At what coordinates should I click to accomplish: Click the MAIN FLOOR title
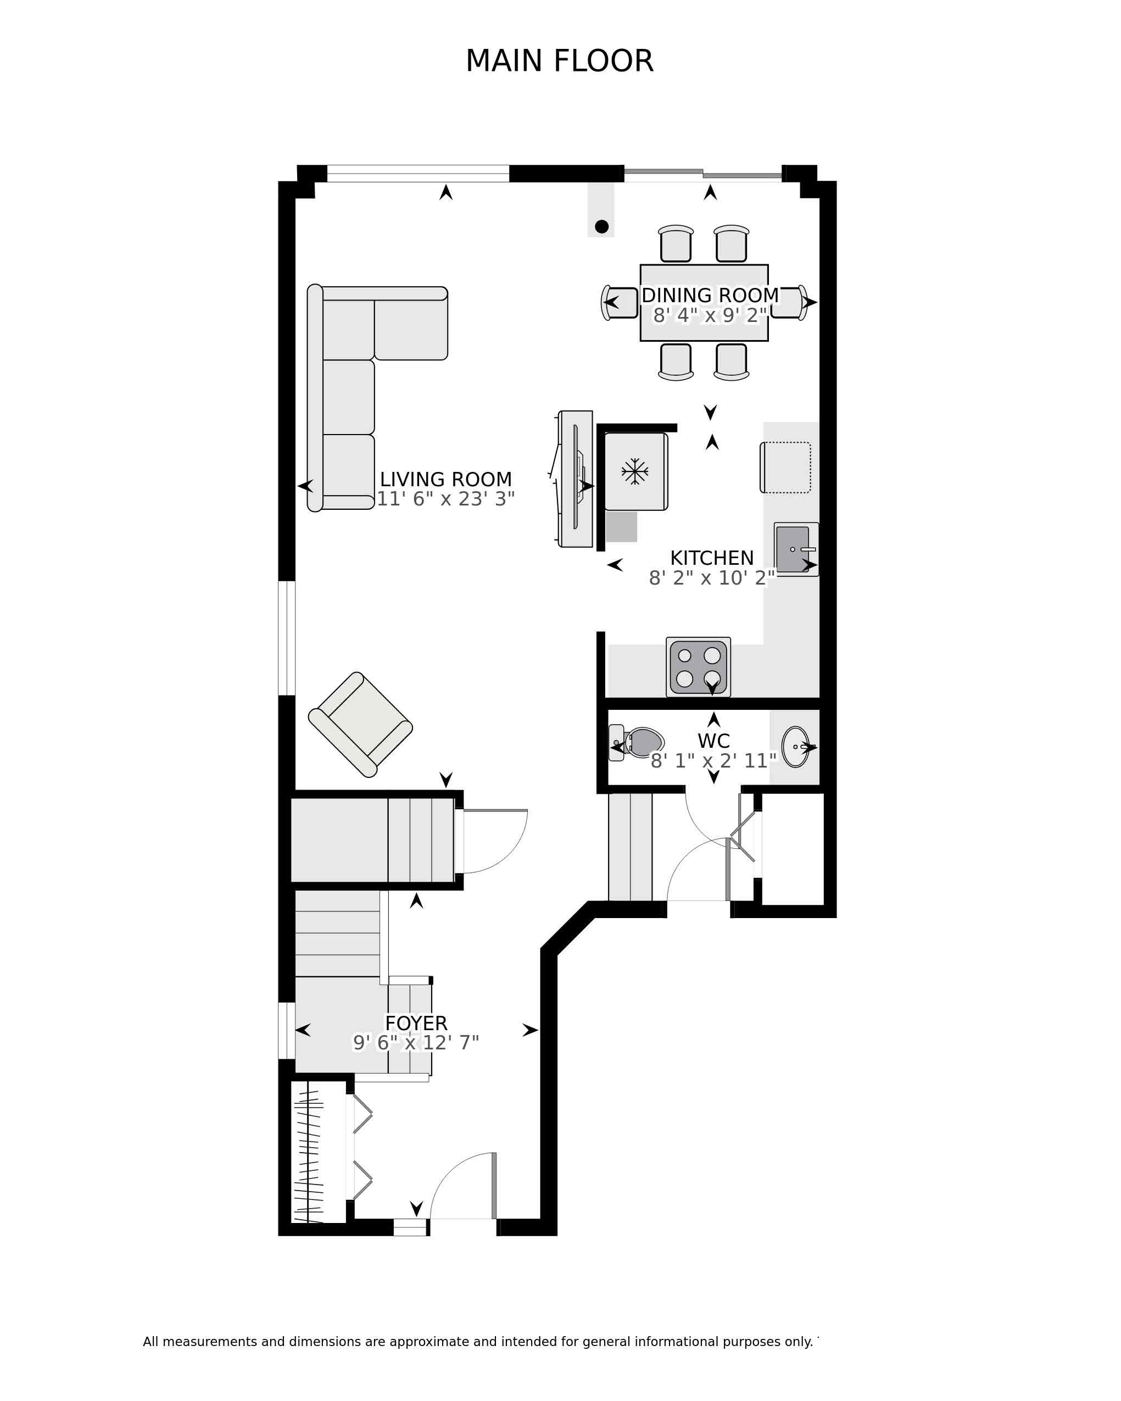pyautogui.click(x=559, y=61)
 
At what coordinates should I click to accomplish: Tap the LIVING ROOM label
pyautogui.click(x=445, y=480)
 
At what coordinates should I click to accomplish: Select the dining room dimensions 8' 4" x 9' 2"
pyautogui.click(x=710, y=315)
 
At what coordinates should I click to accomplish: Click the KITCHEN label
pyautogui.click(x=712, y=558)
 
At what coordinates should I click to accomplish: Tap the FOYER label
pyautogui.click(x=416, y=1024)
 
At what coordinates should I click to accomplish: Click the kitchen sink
pyautogui.click(x=796, y=549)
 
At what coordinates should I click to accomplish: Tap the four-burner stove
pyautogui.click(x=698, y=668)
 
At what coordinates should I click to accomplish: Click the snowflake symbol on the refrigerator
pyautogui.click(x=634, y=471)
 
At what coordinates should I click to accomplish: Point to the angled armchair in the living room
pyautogui.click(x=360, y=725)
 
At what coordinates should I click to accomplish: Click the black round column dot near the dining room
pyautogui.click(x=601, y=227)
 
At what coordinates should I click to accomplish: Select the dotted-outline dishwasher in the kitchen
pyautogui.click(x=785, y=467)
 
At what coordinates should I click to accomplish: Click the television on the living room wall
pyautogui.click(x=576, y=479)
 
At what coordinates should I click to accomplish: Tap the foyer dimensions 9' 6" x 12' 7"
pyautogui.click(x=416, y=1043)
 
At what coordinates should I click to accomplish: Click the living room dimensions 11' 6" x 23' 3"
pyautogui.click(x=445, y=499)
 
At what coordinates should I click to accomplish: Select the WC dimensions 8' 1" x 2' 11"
pyautogui.click(x=714, y=761)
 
